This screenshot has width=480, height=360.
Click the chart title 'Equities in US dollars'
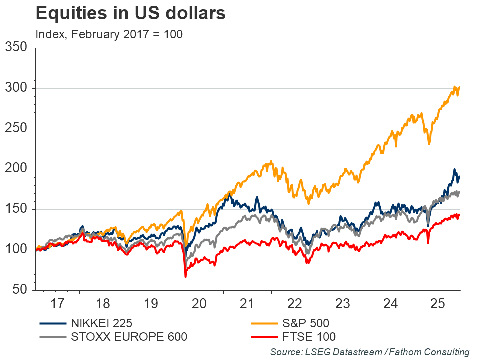coord(130,14)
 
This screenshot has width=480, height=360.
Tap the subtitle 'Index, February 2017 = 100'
coord(109,34)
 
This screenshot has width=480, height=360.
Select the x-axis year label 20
coord(199,303)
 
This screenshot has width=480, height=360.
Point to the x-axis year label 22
coord(295,303)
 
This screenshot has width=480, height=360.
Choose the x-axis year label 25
coord(437,303)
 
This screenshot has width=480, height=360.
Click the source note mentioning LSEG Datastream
coord(370,352)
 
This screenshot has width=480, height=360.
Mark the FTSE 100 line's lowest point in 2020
coord(185,276)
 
